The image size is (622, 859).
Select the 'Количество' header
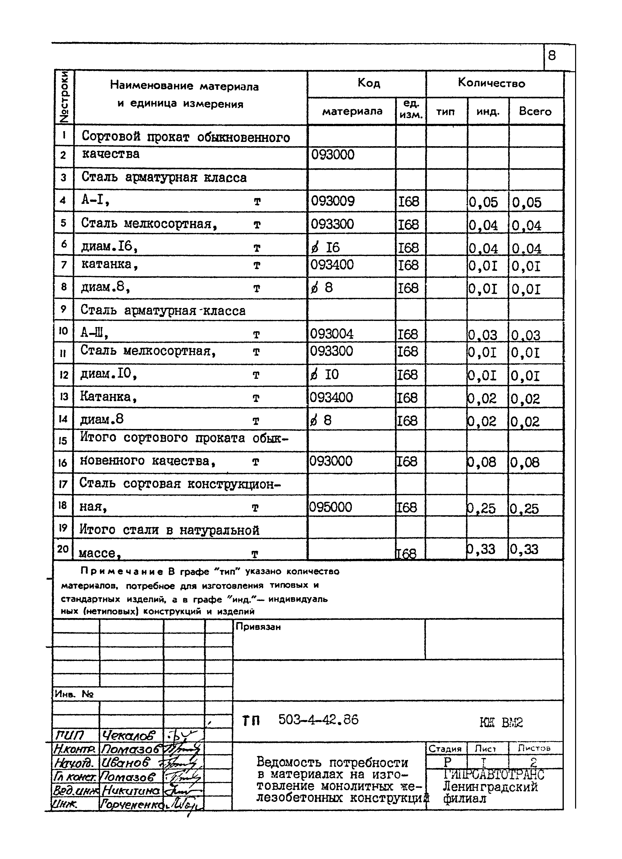pyautogui.click(x=491, y=83)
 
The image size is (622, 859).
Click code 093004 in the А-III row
pyautogui.click(x=332, y=334)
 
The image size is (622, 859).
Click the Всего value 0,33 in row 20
pyautogui.click(x=524, y=549)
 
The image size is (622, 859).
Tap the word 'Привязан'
pyautogui.click(x=258, y=627)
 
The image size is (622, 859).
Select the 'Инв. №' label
pyautogui.click(x=74, y=694)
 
